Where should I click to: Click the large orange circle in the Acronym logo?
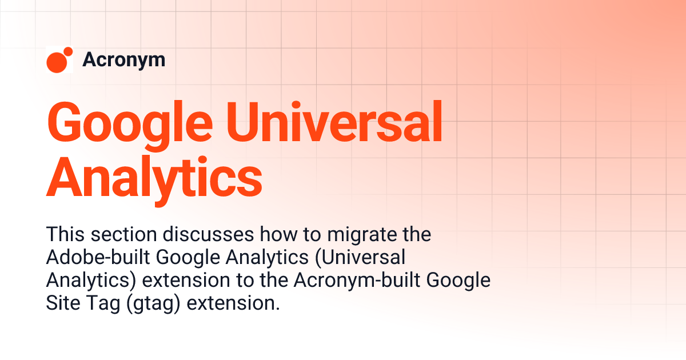(56, 62)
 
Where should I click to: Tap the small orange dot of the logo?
(69, 52)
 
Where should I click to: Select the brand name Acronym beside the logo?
(123, 59)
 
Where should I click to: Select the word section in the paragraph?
(121, 234)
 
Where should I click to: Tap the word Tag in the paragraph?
(95, 303)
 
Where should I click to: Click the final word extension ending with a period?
(234, 303)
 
